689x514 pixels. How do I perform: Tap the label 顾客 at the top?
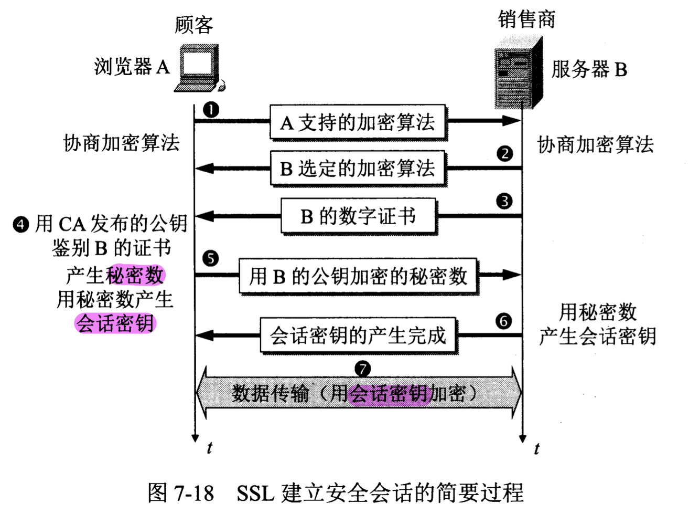(x=194, y=25)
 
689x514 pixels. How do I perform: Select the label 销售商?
(x=526, y=19)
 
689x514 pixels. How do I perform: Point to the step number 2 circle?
(x=504, y=153)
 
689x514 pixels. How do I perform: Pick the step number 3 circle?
(x=504, y=201)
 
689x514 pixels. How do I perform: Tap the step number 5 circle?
(x=210, y=258)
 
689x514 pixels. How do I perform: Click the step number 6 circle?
(x=503, y=321)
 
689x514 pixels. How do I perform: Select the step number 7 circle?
(x=362, y=369)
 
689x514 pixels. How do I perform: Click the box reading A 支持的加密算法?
(x=358, y=123)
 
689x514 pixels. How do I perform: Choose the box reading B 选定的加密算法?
(x=358, y=169)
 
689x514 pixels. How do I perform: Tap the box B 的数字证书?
(x=358, y=216)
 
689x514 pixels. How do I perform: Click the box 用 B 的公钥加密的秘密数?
(x=358, y=276)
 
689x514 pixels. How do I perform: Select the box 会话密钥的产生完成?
(x=358, y=335)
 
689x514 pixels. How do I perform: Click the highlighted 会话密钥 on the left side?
(x=115, y=323)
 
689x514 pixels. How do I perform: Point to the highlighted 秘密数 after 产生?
(x=135, y=275)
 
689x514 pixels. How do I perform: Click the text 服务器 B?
(x=589, y=69)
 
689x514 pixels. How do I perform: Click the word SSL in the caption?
(x=255, y=493)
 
